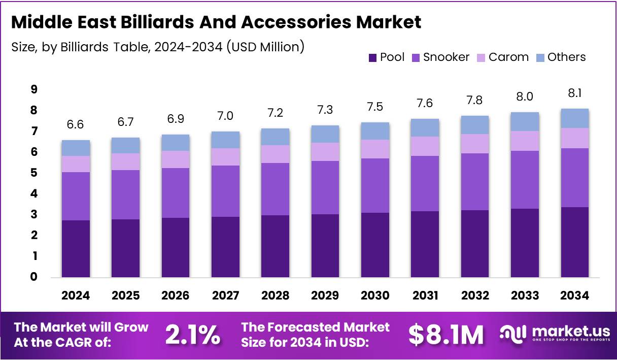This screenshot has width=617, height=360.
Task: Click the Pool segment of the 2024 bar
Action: click(x=76, y=249)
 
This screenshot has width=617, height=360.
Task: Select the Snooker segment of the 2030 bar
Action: click(x=375, y=185)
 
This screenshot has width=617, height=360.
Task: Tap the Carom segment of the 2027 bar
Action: click(x=225, y=157)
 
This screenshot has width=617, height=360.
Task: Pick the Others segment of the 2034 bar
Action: click(x=574, y=118)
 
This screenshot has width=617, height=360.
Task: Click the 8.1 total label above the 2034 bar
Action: click(x=574, y=94)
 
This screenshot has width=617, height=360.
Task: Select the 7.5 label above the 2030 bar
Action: click(x=375, y=107)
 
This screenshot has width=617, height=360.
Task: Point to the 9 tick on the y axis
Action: click(x=34, y=89)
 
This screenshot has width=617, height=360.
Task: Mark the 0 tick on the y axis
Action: click(x=34, y=277)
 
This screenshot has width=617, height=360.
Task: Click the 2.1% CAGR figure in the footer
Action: click(x=193, y=335)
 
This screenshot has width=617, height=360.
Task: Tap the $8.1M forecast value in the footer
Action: click(x=446, y=335)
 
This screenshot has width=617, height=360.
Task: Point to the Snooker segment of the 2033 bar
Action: click(x=525, y=180)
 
